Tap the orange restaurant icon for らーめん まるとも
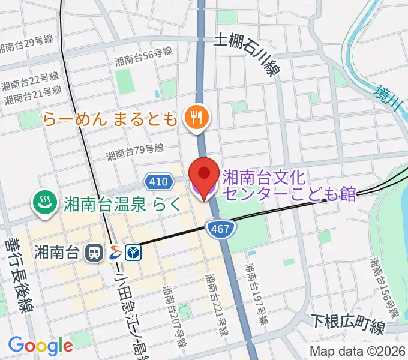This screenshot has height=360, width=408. [x=195, y=118]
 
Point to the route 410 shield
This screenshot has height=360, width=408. [x=157, y=181]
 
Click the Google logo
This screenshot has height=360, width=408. [x=40, y=345]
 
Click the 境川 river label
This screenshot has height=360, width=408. [x=386, y=98]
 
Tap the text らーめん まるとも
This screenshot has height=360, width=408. [x=110, y=118]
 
